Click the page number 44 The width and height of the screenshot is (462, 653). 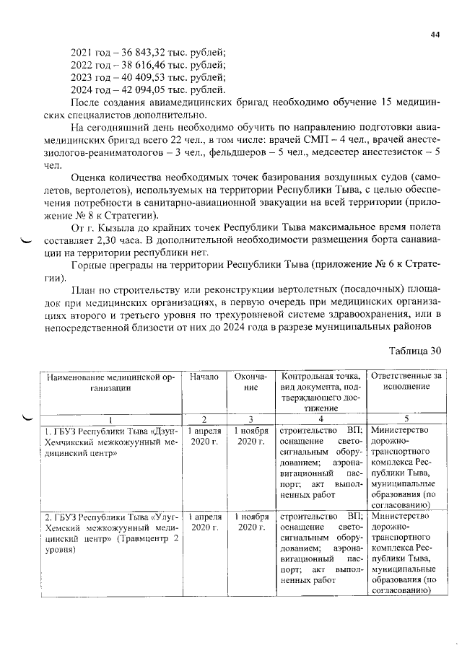coord(435,34)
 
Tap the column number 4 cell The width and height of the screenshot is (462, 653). coord(320,419)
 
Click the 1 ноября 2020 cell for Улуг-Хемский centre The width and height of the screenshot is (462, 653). coord(250,522)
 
